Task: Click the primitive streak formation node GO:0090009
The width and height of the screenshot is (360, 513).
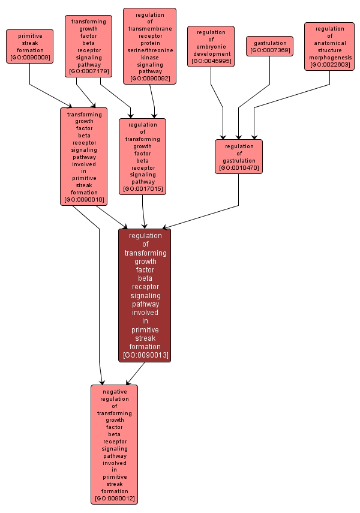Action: tap(29, 46)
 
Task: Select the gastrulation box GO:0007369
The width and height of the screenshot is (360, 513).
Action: tap(269, 46)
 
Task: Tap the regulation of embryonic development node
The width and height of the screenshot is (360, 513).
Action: tap(211, 46)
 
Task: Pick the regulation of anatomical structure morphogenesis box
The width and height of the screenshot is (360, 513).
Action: tap(329, 46)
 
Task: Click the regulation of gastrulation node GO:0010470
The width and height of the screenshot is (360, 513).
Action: tap(239, 157)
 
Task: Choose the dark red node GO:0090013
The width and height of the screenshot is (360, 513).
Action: tap(145, 295)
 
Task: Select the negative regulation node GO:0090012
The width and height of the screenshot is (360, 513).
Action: tap(114, 444)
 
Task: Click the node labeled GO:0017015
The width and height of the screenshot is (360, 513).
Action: tap(142, 156)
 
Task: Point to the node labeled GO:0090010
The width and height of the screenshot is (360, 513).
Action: tap(84, 156)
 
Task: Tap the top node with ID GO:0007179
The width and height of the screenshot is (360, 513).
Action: tap(88, 46)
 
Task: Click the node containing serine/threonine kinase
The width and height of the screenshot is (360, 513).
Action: tap(149, 46)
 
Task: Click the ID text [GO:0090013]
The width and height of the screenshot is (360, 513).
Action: tap(145, 355)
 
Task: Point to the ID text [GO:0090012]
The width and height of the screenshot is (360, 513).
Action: tap(114, 499)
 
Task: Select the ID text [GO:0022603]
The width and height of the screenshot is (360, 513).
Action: tap(329, 64)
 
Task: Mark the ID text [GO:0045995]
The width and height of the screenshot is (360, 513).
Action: tap(211, 61)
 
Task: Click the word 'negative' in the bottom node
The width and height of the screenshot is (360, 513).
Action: tap(114, 392)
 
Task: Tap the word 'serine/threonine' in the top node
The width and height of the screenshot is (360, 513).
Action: tap(149, 50)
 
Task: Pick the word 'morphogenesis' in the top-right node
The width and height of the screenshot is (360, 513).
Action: tap(329, 58)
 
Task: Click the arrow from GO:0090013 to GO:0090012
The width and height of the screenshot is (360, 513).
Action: tap(135, 373)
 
